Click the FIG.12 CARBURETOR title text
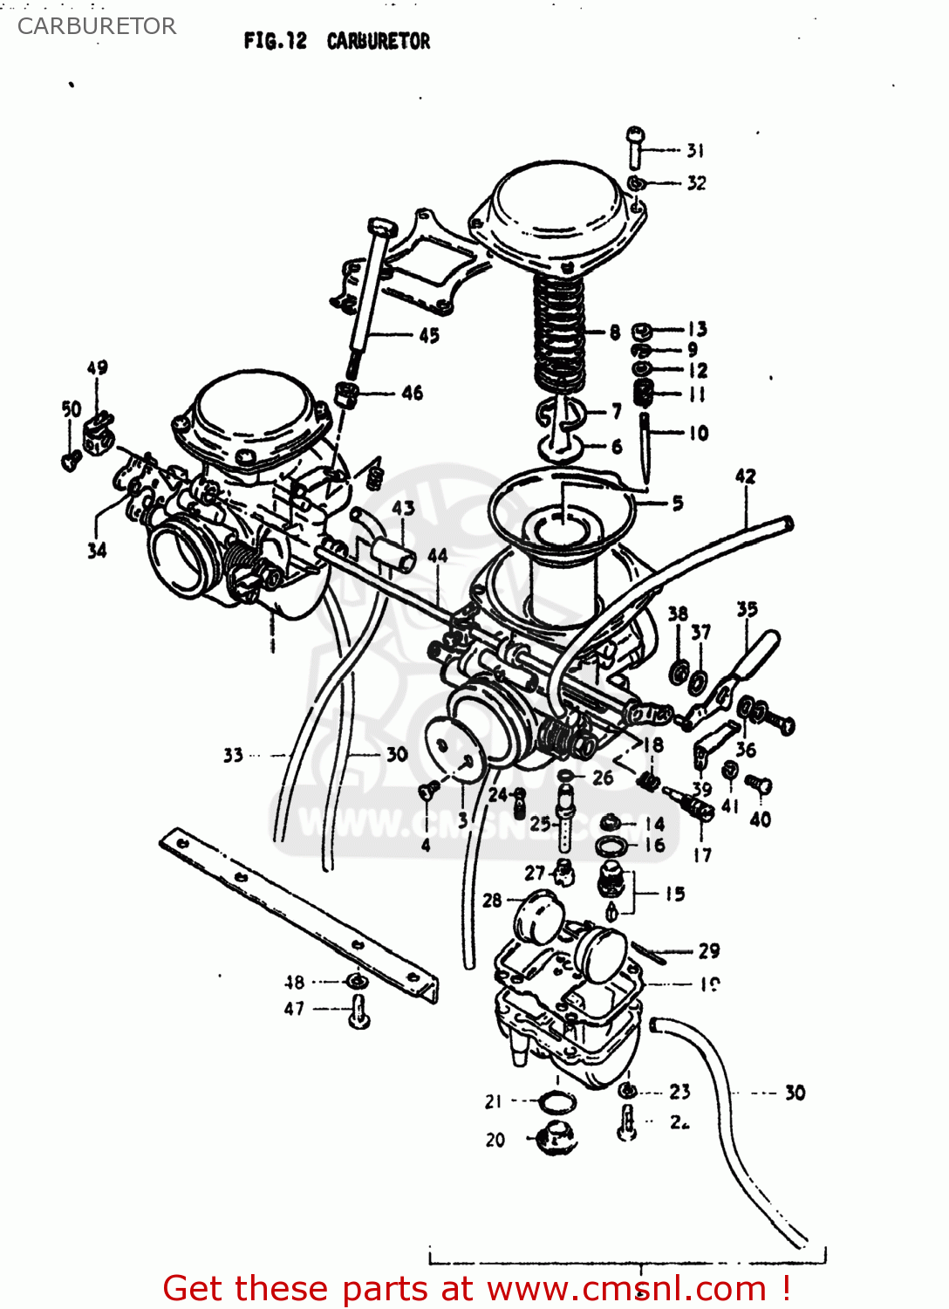click(x=337, y=41)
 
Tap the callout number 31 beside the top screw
click(x=695, y=150)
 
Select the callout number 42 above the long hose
click(x=745, y=476)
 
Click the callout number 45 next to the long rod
click(x=429, y=335)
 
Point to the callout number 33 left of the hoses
click(x=233, y=755)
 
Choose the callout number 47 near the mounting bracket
click(x=294, y=1009)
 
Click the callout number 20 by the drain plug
click(x=495, y=1140)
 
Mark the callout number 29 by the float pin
click(x=709, y=950)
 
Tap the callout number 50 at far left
click(x=72, y=409)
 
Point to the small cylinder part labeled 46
click(x=347, y=394)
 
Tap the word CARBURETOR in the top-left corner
click(x=96, y=26)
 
